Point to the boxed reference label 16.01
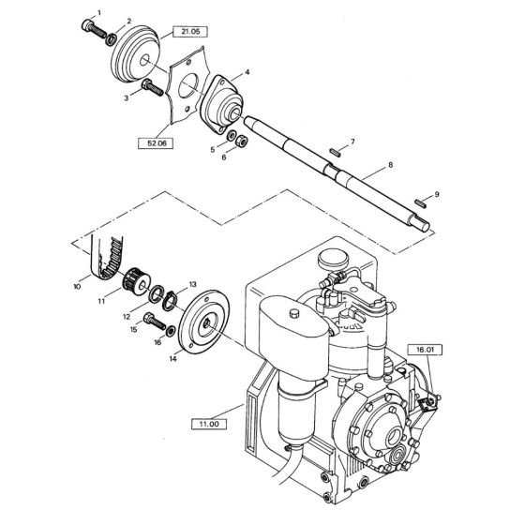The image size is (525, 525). pyautogui.click(x=425, y=349)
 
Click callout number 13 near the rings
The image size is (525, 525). pyautogui.click(x=193, y=283)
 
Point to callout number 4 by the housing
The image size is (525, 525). pyautogui.click(x=247, y=71)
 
